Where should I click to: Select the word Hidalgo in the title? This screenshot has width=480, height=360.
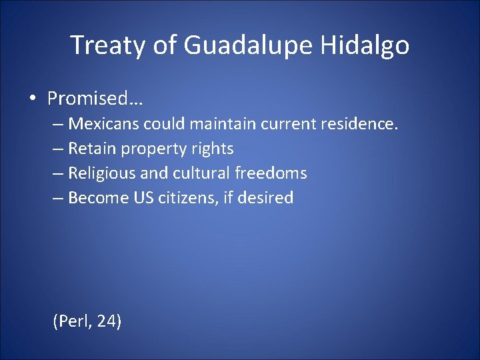pos(365,45)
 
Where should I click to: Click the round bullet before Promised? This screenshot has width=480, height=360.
pos(33,99)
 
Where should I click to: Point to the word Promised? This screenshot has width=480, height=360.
pos(96,99)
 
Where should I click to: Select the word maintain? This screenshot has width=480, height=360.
pos(221,124)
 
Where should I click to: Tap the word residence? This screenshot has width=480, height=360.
pos(359,124)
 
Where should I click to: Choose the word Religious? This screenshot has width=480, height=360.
pos(102,173)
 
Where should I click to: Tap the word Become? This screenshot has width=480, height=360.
pos(94,198)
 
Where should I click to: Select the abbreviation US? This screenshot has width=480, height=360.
pos(139,198)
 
